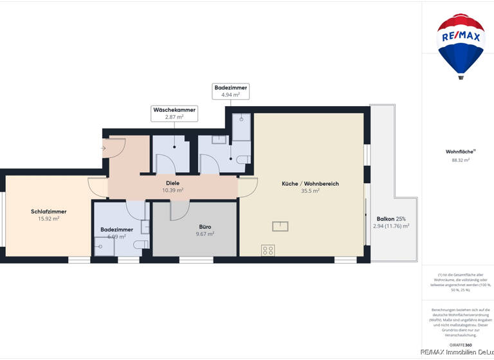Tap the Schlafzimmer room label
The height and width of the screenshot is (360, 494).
point(48,212)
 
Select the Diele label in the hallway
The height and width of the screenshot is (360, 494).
point(172,183)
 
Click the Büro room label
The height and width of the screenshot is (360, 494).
point(205,226)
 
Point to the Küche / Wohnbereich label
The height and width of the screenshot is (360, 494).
point(310,183)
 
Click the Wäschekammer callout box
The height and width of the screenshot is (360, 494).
point(174,113)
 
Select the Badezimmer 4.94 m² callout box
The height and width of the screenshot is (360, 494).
point(230,91)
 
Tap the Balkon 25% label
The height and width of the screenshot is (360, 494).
point(391,219)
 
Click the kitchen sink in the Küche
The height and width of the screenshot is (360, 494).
point(280,226)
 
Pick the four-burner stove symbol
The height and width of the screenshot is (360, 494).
point(268,251)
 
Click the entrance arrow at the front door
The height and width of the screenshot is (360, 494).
point(104,148)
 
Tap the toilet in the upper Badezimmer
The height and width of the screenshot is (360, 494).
point(243,159)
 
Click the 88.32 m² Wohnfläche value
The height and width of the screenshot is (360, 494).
point(460,160)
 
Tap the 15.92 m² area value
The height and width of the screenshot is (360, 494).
point(48,219)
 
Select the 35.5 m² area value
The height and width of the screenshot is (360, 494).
point(310,191)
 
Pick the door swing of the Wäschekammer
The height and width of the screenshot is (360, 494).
point(166,165)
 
